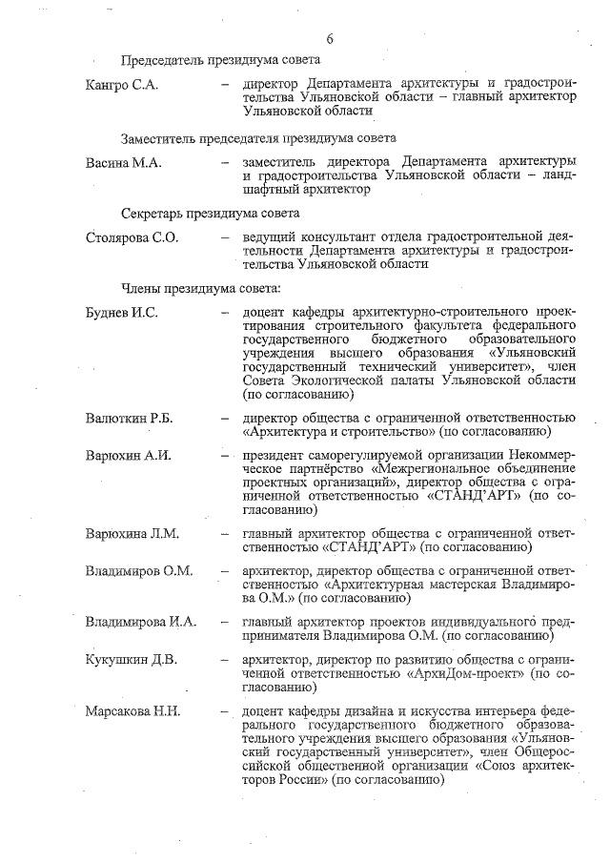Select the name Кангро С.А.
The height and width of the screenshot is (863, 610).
pos(121,86)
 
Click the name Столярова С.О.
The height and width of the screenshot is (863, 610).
pos(132,237)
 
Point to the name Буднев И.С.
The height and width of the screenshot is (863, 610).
pos(121,313)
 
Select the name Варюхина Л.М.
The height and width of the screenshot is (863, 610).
pos(132,532)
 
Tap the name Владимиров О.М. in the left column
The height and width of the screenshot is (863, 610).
pos(139,570)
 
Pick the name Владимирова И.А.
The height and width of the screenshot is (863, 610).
pos(141,623)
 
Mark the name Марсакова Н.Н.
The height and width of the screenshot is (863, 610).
pos(132,711)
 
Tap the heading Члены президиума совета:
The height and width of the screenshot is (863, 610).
pos(200,287)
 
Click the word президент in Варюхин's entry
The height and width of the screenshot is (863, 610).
pos(274,455)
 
